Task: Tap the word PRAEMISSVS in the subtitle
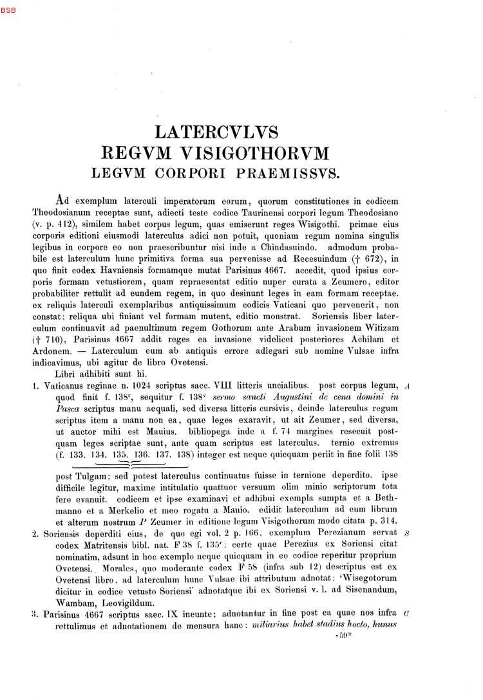292,174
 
